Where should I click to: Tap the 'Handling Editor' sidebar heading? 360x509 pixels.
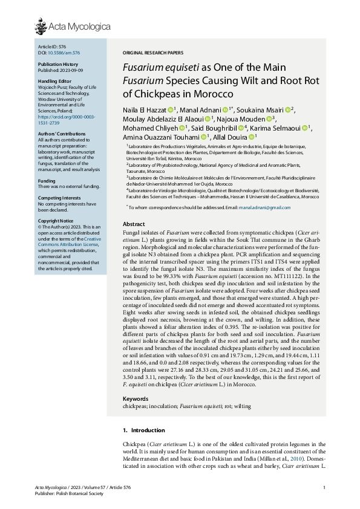pos(54,81)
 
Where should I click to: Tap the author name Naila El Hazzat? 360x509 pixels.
pos(144,110)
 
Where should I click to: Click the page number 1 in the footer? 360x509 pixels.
pos(325,488)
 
